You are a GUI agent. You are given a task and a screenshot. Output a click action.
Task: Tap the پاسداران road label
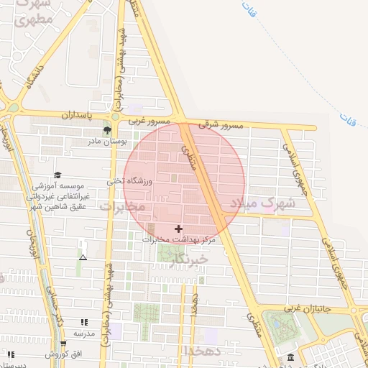[77, 115]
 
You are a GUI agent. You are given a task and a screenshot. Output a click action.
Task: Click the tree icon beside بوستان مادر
[107, 130]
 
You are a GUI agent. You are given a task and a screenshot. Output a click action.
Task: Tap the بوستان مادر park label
[107, 142]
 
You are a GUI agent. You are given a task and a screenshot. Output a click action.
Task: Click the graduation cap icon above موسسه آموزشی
[57, 175]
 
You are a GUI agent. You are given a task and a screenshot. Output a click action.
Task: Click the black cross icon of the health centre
[179, 229]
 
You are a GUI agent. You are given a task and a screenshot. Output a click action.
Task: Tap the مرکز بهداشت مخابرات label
[179, 239]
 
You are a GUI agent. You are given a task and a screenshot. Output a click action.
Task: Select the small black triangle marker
[83, 257]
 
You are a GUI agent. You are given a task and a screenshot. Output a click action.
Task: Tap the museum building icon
[290, 357]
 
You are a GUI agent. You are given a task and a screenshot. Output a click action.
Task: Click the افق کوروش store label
[64, 354]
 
